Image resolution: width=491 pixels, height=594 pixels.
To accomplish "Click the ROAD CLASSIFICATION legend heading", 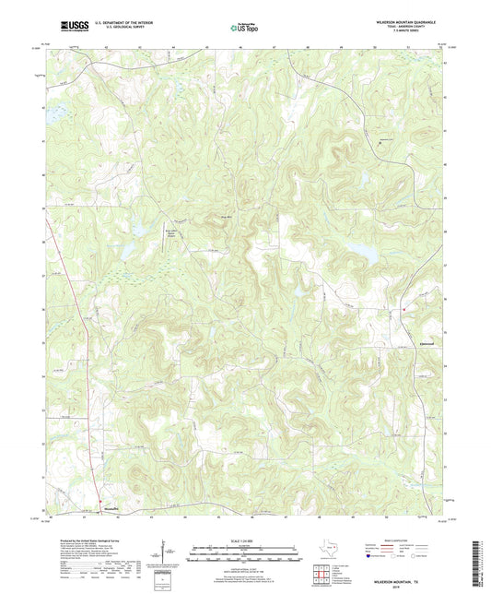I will [395, 541].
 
